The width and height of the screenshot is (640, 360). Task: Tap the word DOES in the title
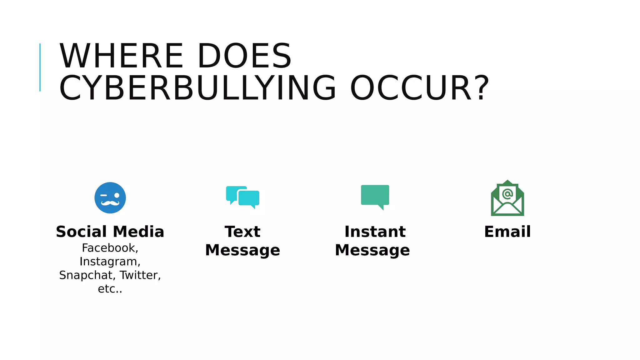pos(244,56)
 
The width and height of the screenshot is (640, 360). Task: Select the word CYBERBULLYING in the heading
pos(197,88)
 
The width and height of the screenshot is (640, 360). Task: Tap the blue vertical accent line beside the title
pos(40,67)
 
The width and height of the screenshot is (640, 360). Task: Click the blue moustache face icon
pos(110,197)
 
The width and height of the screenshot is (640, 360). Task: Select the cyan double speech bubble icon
pos(243,197)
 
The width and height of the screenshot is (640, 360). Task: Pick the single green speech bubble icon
pos(375,196)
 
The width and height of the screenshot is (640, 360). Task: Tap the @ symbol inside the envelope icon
pos(507,194)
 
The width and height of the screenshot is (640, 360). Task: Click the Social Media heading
pos(110,232)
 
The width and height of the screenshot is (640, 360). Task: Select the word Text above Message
pos(242,232)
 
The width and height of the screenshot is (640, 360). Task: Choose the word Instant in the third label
pos(375,232)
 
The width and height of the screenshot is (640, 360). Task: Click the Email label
pos(507,232)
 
